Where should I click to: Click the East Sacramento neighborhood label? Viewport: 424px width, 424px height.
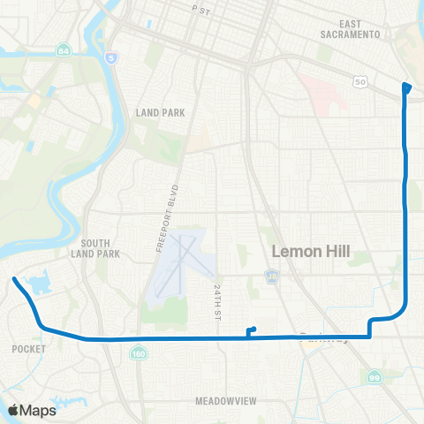pos(351,29)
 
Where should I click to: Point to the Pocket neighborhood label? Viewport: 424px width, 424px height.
pos(24,349)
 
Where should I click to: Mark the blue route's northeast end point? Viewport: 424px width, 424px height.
pos(406,87)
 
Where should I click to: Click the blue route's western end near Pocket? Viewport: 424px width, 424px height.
pos(14,280)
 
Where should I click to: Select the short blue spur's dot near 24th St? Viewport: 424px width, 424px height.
pos(254,329)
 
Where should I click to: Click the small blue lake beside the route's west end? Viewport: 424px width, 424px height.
pos(39,284)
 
